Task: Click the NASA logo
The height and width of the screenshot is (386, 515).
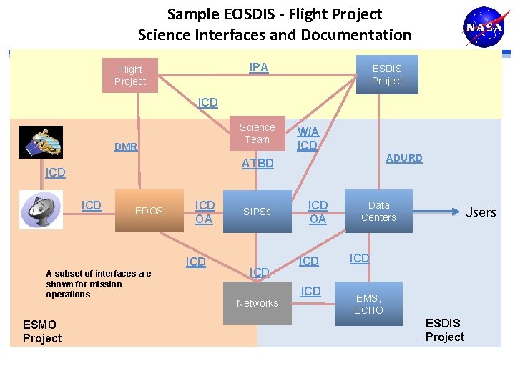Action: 485,28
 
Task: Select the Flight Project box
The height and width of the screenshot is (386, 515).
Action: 130,75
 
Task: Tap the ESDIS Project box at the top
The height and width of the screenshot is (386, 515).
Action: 387,75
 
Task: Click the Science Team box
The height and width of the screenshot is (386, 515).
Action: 257,133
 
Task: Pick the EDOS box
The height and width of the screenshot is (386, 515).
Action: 149,211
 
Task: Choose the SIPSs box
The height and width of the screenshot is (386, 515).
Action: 257,212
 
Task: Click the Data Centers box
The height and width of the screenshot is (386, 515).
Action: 378,211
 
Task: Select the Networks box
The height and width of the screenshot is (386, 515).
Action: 257,303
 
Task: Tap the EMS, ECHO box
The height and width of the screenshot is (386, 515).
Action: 368,304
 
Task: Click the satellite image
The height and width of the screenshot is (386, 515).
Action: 40,142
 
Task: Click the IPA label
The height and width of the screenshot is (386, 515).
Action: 259,68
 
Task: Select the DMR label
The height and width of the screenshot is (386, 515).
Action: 126,147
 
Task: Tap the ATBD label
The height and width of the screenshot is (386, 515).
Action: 257,164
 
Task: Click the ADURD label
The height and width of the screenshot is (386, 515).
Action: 404,158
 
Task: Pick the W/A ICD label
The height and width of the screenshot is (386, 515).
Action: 308,139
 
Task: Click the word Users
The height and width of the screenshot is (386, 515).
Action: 480,212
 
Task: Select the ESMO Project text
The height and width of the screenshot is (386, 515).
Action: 42,332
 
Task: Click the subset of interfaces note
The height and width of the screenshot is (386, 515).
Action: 99,284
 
